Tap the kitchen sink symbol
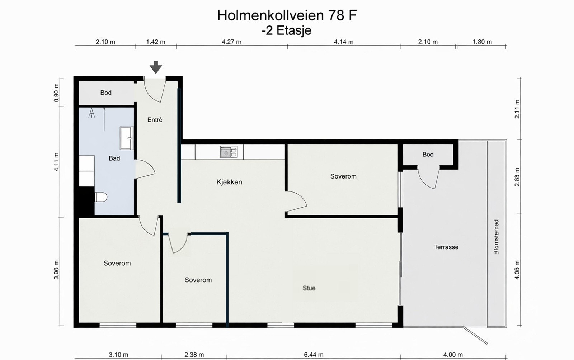[x=229, y=152]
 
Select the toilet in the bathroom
[x=102, y=197]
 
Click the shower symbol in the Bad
[x=92, y=113]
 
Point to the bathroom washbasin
[x=127, y=138]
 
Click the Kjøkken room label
[x=229, y=182]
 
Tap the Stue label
[x=309, y=288]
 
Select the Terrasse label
[x=446, y=247]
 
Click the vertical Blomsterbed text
[x=496, y=237]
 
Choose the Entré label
[x=155, y=120]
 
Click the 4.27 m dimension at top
[x=231, y=42]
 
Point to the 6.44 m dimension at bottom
[x=314, y=355]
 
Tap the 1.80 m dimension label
[x=482, y=42]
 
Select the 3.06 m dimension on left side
[x=56, y=270]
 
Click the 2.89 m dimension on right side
[x=517, y=177]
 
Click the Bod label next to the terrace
[x=428, y=155]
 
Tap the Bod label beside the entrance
[x=105, y=93]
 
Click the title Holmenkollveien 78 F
[x=287, y=15]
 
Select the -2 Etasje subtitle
[x=286, y=30]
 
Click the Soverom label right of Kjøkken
[x=343, y=176]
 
